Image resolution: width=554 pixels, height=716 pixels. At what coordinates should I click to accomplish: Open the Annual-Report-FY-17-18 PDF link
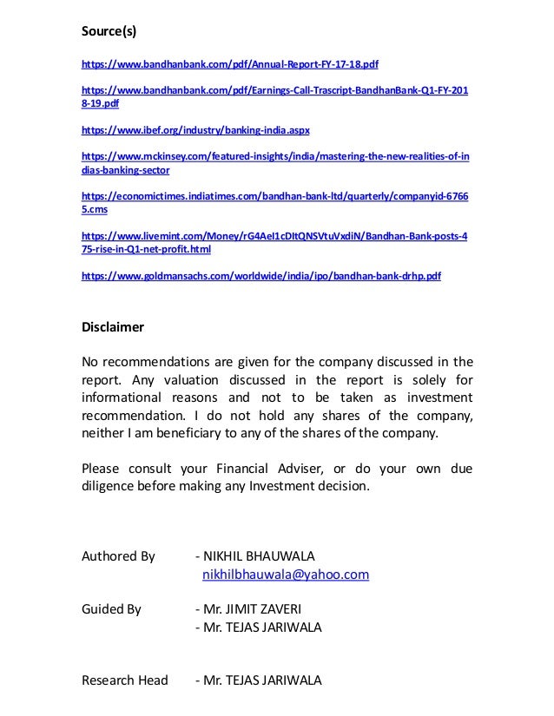(229, 64)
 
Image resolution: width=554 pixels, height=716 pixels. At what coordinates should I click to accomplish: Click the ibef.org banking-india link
(195, 130)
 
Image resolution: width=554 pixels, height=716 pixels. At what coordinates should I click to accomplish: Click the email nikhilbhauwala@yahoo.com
(286, 575)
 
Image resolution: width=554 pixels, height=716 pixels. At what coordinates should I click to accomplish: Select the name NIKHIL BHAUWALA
(260, 555)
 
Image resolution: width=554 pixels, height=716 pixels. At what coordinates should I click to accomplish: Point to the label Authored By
(118, 555)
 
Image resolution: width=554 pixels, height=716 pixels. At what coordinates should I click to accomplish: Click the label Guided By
(111, 609)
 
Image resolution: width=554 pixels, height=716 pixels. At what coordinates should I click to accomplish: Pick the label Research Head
(124, 680)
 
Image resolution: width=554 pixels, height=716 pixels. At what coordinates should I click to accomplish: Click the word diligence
(109, 487)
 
